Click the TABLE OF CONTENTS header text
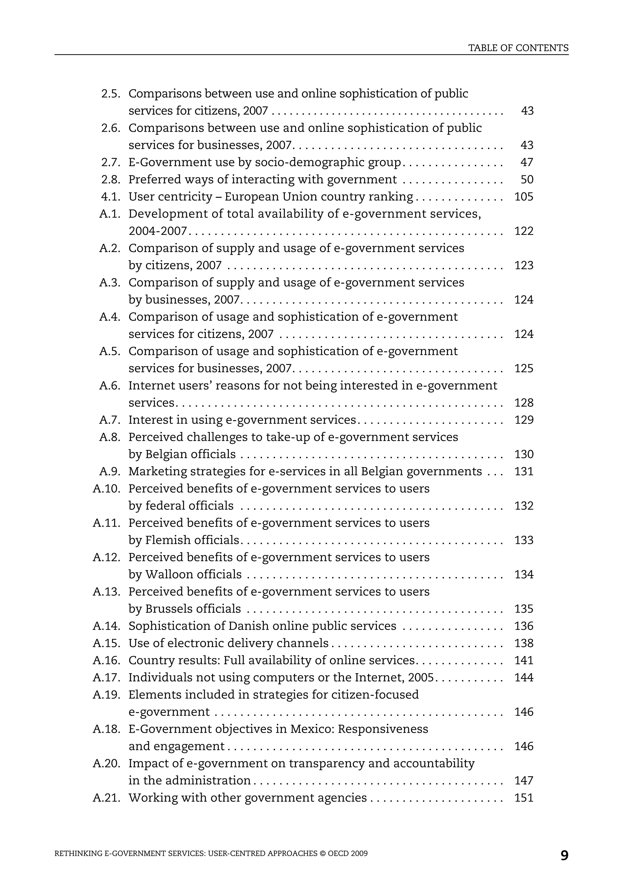point(518,48)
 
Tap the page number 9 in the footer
point(564,855)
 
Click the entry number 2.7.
point(111,162)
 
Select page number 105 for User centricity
point(523,197)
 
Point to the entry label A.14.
point(107,626)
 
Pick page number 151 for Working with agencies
point(523,798)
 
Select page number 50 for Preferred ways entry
point(527,179)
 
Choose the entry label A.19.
point(107,695)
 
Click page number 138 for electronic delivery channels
point(523,643)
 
